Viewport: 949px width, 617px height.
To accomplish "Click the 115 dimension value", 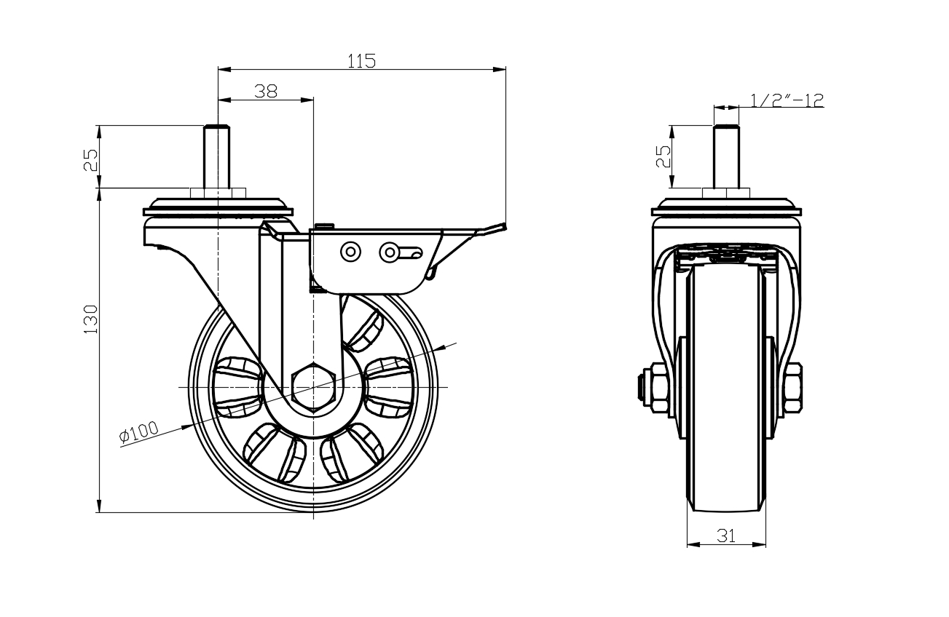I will click(361, 61).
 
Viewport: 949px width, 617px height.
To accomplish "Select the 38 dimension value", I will click(266, 91).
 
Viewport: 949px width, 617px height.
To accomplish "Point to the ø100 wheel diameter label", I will click(138, 432).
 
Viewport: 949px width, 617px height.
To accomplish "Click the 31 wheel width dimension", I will click(726, 536).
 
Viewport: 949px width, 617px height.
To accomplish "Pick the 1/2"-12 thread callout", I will click(787, 100).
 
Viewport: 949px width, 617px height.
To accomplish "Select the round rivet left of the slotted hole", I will click(351, 252).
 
